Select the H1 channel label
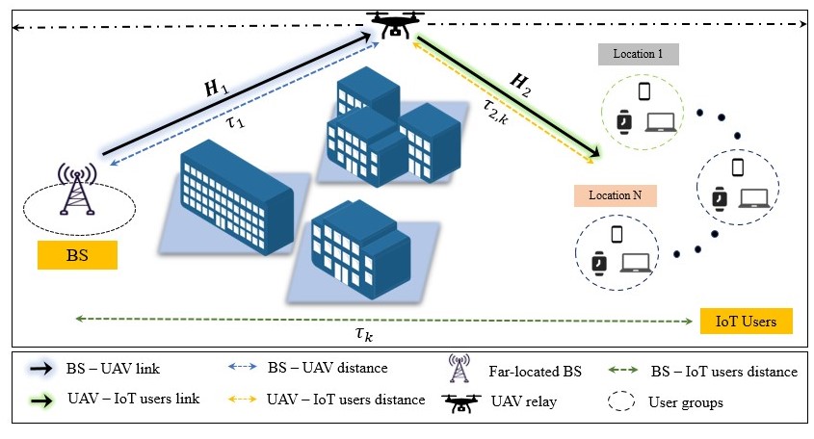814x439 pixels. (x=216, y=90)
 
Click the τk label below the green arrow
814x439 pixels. (x=363, y=333)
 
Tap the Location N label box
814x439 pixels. (x=615, y=195)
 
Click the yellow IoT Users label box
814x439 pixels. (x=746, y=321)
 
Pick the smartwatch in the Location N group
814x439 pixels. (x=598, y=262)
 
